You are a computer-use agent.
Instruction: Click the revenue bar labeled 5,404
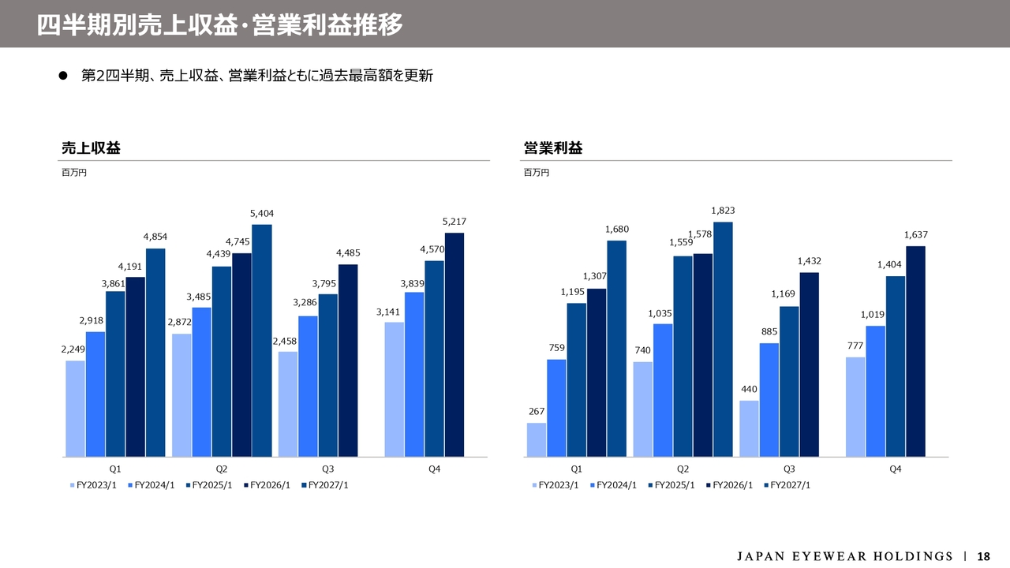point(261,341)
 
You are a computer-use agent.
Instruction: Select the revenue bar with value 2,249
point(75,409)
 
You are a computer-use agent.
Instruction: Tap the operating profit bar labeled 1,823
point(723,339)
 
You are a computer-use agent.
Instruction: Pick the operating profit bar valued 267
point(536,440)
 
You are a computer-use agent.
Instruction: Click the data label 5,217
point(454,222)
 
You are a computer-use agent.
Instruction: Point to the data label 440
point(749,389)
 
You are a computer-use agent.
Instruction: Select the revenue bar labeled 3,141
point(394,390)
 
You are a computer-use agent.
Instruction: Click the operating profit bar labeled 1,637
point(915,352)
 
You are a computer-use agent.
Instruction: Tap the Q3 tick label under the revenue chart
point(327,469)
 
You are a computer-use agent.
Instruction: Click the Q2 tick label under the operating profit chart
point(683,469)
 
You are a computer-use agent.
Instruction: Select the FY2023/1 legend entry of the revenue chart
point(93,485)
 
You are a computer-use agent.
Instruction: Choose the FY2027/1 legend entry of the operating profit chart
point(787,485)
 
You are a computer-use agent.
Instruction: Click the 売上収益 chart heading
point(91,148)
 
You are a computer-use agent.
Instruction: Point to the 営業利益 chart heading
point(553,148)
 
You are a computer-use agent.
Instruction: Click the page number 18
point(983,556)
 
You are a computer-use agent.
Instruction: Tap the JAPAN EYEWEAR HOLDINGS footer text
point(845,556)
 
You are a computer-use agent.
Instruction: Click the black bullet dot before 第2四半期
point(62,75)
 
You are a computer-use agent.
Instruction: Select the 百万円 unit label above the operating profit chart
point(536,173)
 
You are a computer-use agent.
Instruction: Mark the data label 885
point(769,331)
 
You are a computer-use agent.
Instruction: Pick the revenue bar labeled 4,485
point(348,361)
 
